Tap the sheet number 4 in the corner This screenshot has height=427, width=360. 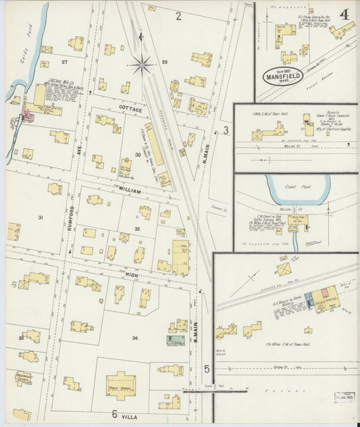[x=344, y=14]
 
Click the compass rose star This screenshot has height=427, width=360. [x=143, y=65]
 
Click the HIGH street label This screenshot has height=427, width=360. [x=131, y=274]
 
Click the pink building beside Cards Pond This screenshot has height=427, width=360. [x=28, y=116]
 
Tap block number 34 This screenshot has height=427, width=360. [x=134, y=338]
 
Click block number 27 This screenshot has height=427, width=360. [x=65, y=61]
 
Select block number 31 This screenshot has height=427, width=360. [x=41, y=218]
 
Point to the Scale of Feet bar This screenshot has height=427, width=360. [x=220, y=390]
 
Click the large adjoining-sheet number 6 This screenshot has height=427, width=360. [x=115, y=414]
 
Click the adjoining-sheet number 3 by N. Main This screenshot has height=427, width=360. [x=226, y=130]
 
